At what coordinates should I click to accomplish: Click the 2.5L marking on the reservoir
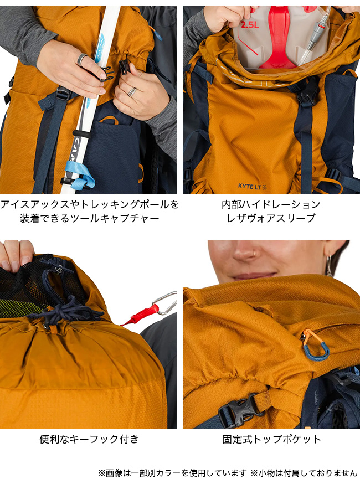[x=250, y=24]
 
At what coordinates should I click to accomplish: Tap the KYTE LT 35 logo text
[x=252, y=186]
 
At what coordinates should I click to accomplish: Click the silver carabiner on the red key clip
[x=165, y=303]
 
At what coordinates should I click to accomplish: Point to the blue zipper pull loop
[x=315, y=349]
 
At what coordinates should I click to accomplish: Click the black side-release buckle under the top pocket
[x=241, y=410]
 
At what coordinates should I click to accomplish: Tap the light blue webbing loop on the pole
[x=80, y=176]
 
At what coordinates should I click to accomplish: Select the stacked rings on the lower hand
[x=132, y=91]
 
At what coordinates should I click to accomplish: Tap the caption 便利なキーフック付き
[x=89, y=439]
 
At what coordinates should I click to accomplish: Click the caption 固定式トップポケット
[x=271, y=439]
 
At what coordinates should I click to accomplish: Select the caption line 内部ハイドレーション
[x=271, y=204]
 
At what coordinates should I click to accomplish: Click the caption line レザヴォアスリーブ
[x=271, y=218]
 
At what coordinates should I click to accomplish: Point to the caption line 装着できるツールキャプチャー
[x=90, y=218]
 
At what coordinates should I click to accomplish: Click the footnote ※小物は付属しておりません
[x=304, y=473]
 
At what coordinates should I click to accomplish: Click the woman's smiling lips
[x=255, y=276]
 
